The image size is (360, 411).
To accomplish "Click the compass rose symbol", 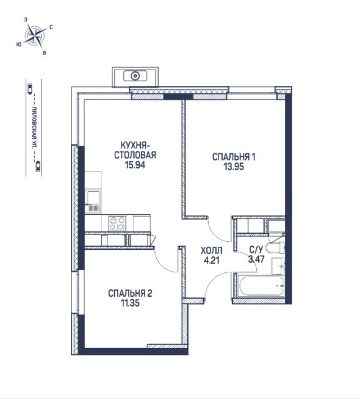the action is click(35, 35).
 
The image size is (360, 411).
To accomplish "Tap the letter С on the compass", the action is click(51, 27).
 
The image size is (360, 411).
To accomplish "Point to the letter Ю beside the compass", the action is click(18, 45).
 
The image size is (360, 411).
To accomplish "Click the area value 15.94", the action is click(135, 165).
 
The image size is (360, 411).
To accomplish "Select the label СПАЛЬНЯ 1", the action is click(234, 157).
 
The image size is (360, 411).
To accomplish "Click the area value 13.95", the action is click(234, 167).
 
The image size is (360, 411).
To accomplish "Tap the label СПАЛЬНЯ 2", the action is click(130, 293).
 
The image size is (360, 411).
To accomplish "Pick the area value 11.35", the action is click(130, 303).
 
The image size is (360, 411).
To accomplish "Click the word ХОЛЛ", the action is click(211, 251).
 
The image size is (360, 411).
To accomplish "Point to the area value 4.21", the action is click(211, 261).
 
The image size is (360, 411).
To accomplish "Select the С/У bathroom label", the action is click(256, 250).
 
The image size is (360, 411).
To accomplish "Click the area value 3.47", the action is click(256, 259).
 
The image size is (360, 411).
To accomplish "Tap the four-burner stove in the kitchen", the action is click(117, 223).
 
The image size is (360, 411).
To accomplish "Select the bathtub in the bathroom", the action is click(261, 286).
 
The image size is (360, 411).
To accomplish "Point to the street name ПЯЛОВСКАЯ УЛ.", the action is click(34, 128).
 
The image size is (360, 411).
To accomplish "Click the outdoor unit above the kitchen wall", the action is click(135, 76).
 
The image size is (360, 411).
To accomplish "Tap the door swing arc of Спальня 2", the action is click(164, 263).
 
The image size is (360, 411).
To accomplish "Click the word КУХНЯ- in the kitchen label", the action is click(135, 145).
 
